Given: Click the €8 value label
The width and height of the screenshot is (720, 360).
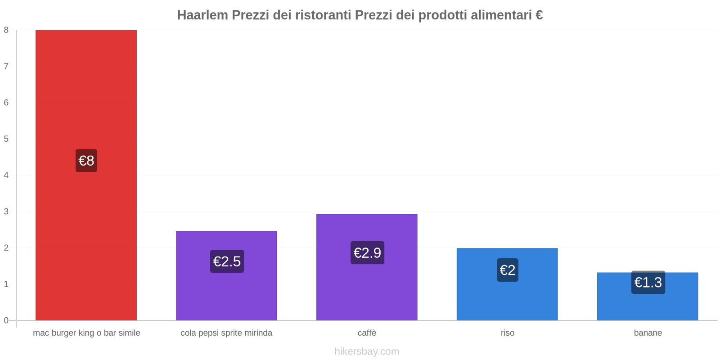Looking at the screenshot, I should tap(86, 161).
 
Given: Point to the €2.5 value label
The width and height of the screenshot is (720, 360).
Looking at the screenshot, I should tap(227, 261).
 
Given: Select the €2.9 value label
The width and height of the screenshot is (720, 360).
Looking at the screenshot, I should tap(367, 253).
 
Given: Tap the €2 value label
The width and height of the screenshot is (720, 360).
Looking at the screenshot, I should tap(508, 270).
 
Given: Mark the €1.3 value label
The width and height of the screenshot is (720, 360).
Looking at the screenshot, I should tap(648, 283).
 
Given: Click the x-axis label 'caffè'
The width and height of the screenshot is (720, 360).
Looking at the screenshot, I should tap(367, 333).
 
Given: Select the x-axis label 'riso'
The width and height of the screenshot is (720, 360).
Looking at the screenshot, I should tap(508, 333).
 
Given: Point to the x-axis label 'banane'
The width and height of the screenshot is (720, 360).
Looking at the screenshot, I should tap(648, 333).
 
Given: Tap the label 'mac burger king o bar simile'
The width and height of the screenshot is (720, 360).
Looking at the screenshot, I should tap(86, 333).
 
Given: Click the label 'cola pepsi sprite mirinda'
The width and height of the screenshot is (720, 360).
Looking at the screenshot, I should tap(226, 333).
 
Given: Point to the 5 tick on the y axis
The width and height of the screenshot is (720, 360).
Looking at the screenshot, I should tap(6, 139).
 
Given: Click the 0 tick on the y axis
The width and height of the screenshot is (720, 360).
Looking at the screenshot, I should tap(6, 320).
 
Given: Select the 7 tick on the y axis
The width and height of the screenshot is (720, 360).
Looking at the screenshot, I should tap(6, 67).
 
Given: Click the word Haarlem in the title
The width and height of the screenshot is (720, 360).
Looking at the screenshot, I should tap(202, 15).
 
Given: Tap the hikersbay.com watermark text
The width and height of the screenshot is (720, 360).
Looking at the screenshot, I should tap(367, 351).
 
